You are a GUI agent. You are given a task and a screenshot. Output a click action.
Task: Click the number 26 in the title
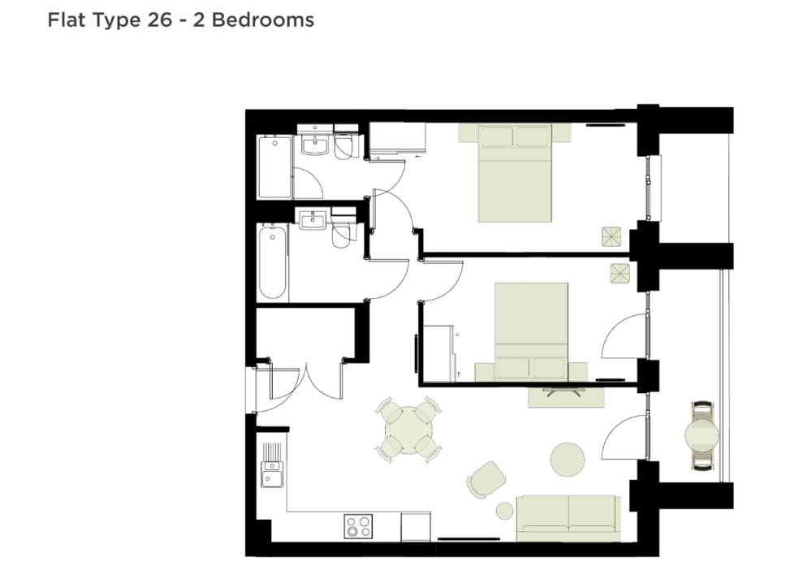coord(159,20)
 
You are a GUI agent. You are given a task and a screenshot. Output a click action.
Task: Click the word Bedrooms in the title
coord(263,20)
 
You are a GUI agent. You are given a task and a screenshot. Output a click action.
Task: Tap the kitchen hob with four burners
coord(358,526)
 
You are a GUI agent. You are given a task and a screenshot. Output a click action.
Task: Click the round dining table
coord(408,430)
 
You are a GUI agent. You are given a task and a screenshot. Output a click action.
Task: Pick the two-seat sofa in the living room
coord(568,518)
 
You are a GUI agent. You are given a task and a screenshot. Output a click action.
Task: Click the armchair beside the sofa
coord(486,480)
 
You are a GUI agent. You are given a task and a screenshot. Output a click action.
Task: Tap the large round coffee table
coord(568,459)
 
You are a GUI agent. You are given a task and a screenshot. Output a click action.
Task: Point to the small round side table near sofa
coord(504,511)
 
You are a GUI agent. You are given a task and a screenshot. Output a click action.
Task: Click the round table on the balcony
coord(702,435)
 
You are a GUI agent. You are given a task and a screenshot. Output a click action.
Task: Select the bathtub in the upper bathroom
coord(275,166)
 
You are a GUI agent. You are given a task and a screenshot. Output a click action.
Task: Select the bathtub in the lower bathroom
coord(272,261)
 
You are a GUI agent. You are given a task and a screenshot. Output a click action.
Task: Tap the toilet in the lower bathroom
coord(342,234)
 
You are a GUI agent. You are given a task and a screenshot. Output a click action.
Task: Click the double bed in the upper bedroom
coord(515,172)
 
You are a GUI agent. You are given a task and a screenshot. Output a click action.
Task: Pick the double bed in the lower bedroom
coord(531,332)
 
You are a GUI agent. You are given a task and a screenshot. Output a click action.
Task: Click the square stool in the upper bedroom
coord(611,236)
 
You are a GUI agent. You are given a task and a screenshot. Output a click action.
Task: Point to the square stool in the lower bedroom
coord(620,274)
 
